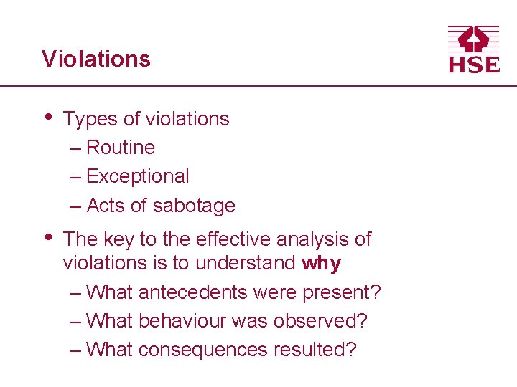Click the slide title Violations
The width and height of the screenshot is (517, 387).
[96, 59]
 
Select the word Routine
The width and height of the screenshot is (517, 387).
[121, 148]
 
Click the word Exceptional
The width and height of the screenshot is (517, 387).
[138, 176]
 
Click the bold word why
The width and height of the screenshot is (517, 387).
[321, 264]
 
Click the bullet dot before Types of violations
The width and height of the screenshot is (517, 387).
[47, 116]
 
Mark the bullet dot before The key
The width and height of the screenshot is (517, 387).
[47, 236]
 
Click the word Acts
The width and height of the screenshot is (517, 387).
[105, 206]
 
